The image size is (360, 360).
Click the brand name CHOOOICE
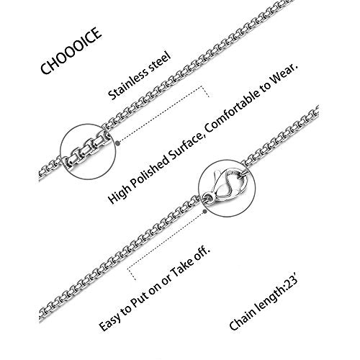pyautogui.click(x=71, y=50)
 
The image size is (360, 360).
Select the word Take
pyautogui.click(x=181, y=264)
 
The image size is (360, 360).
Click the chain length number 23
pyautogui.click(x=289, y=283)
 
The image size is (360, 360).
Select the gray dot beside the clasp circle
pyautogui.click(x=204, y=212)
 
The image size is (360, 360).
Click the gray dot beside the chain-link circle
pyautogui.click(x=117, y=143)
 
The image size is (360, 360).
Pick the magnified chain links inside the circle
pyautogui.click(x=87, y=151)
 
